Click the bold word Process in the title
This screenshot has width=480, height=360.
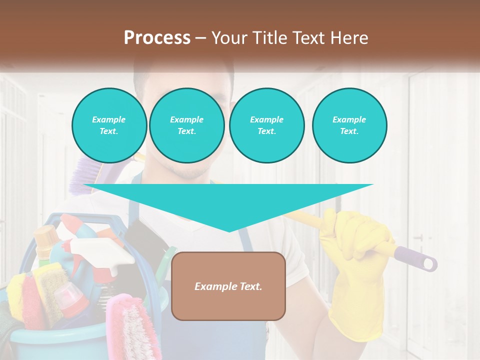(x=157, y=37)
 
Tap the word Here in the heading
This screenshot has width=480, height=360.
(x=348, y=37)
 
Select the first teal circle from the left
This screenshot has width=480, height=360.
(x=109, y=125)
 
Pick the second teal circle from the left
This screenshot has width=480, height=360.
(x=186, y=125)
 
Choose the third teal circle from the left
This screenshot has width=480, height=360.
(x=266, y=125)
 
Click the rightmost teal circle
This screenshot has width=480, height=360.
(x=349, y=125)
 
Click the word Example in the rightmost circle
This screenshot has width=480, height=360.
(x=349, y=119)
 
